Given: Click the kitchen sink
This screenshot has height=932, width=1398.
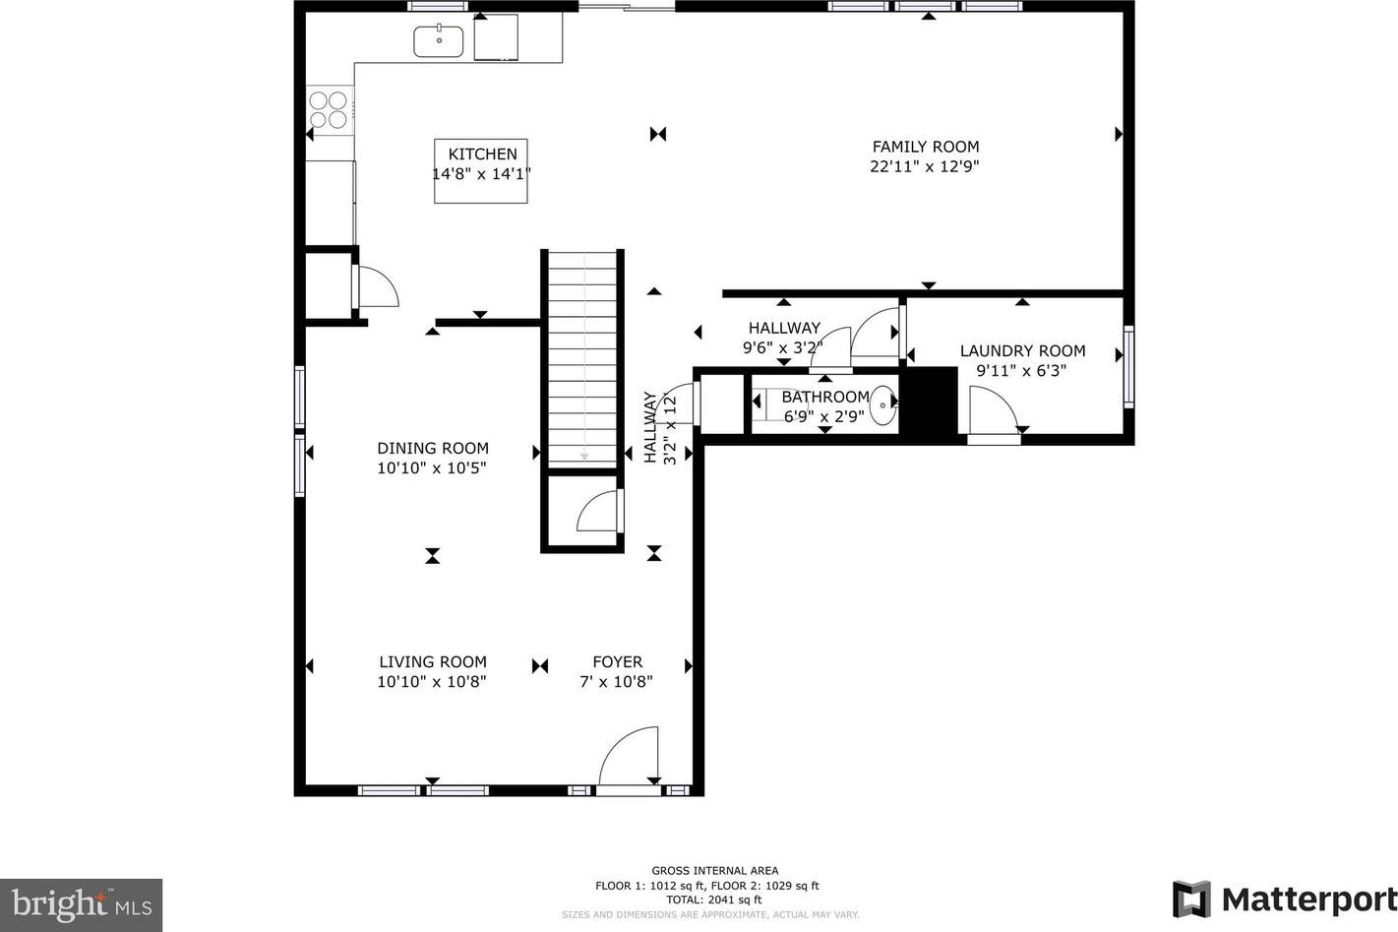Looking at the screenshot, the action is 438,41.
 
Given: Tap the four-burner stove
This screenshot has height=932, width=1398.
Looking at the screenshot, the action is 330,110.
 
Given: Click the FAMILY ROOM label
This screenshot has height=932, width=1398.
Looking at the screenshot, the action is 926,147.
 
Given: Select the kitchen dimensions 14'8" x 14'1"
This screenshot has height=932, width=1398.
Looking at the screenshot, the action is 482,173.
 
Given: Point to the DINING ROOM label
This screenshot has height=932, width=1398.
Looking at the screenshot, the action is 433,448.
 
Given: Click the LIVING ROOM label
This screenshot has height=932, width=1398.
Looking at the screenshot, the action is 433,661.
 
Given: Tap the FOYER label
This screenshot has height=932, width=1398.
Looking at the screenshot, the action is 617,661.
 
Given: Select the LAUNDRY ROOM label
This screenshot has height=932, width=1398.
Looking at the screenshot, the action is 1022,350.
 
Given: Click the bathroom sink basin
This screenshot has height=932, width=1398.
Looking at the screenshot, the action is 882,405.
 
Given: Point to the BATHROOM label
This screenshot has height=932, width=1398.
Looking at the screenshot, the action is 825,397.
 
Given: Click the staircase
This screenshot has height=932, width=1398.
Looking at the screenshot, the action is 582,359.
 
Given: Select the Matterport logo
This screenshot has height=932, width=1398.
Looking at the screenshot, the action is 1285,900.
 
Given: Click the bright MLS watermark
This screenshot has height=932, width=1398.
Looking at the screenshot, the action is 81,905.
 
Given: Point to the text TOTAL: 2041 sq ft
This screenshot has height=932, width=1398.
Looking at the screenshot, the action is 714,900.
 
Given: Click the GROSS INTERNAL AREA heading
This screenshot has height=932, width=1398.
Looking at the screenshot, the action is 714,871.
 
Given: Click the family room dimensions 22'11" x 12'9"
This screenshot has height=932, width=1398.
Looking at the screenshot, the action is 925,166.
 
